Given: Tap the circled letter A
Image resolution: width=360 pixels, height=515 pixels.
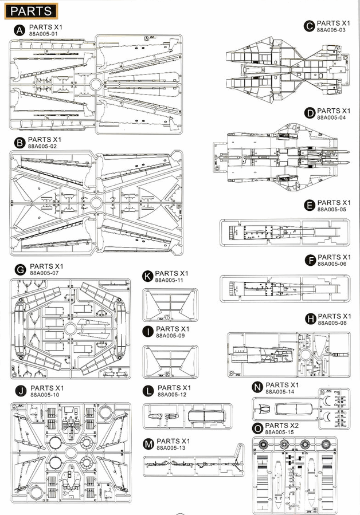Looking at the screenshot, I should (x=19, y=29).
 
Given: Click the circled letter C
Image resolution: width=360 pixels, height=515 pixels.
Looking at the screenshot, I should (x=310, y=25).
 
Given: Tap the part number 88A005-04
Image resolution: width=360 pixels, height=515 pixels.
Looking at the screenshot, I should (x=331, y=117).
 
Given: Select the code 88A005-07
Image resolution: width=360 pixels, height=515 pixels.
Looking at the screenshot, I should (x=44, y=274).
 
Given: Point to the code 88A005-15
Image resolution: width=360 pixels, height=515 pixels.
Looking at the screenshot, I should (x=280, y=433).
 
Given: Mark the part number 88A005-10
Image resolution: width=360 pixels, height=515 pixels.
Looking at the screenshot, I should (x=44, y=395).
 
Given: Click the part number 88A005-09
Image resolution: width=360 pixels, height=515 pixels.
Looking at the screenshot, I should (x=170, y=336).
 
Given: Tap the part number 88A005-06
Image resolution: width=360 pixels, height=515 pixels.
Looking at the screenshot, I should (x=332, y=264).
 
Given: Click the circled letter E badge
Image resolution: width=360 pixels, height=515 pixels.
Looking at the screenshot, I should (x=310, y=205).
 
